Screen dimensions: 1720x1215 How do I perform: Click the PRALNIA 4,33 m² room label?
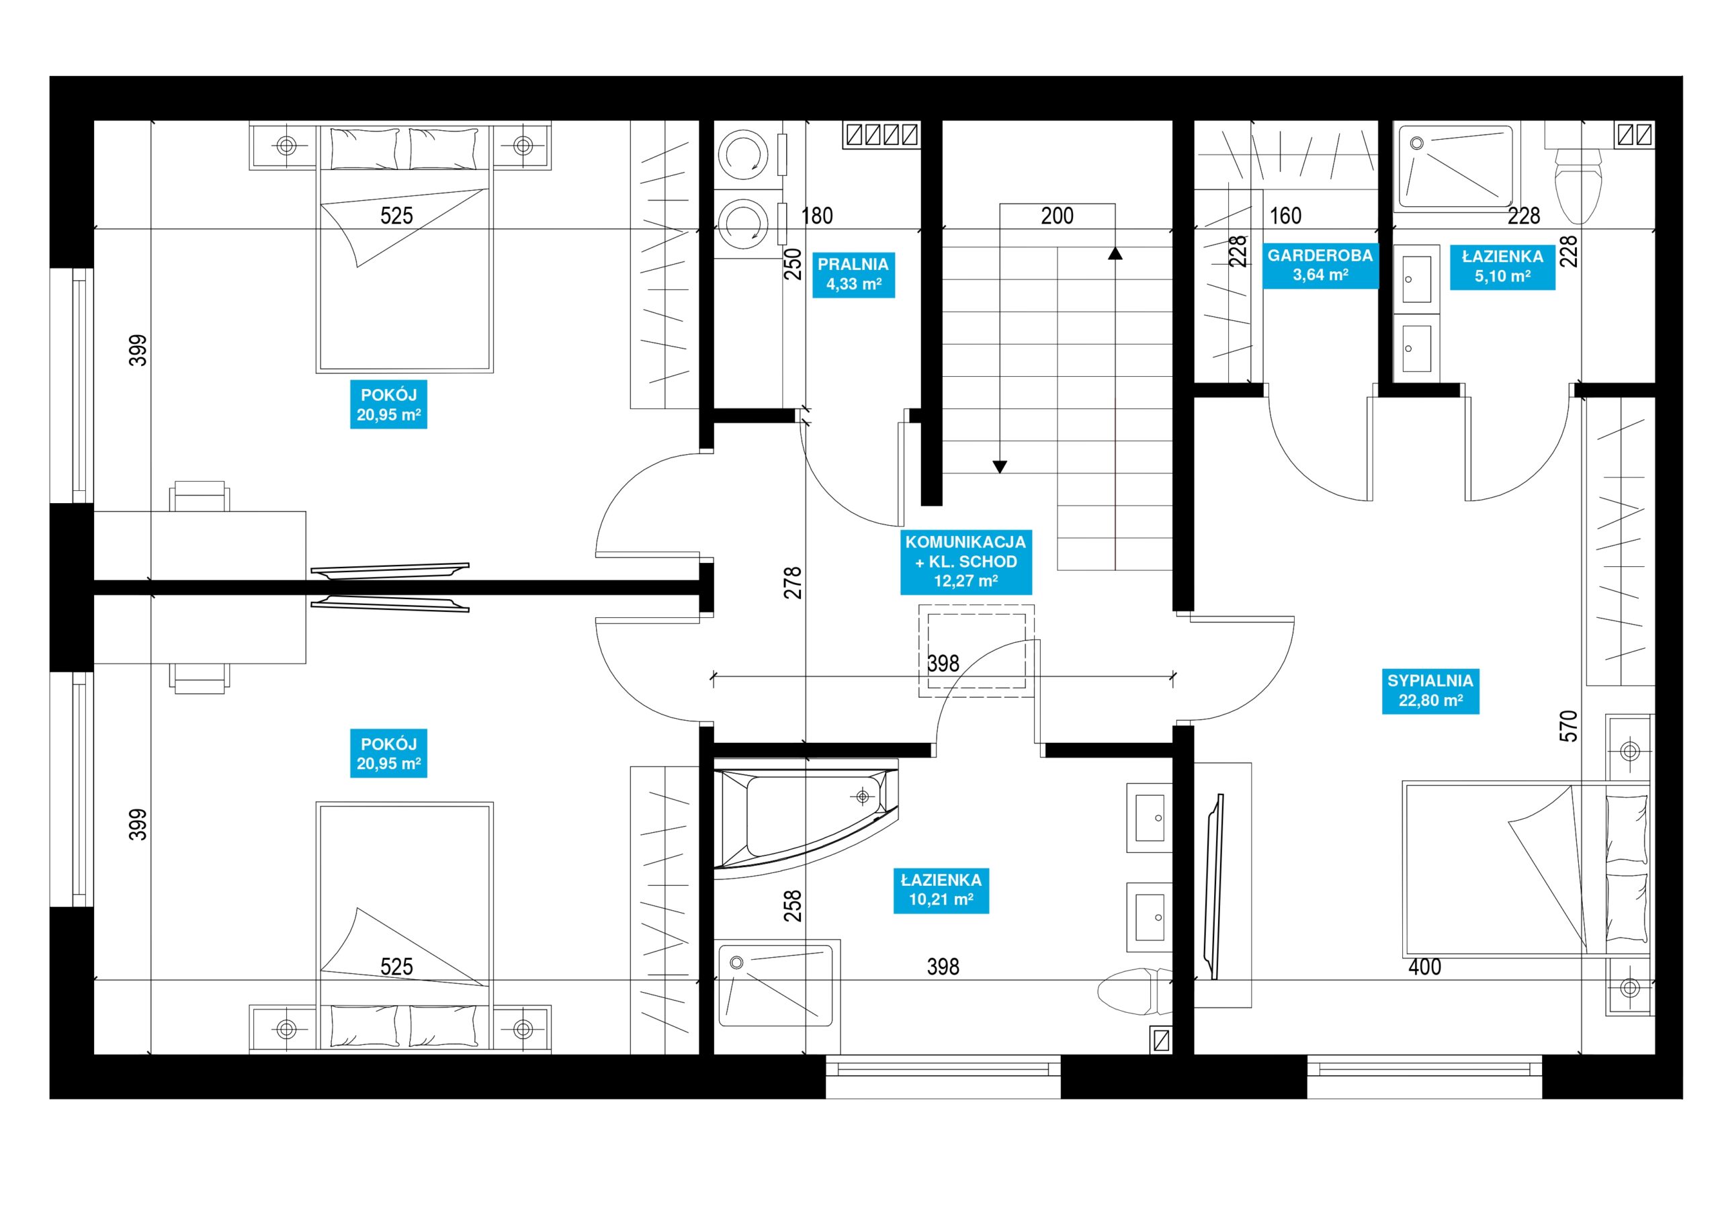click(853, 274)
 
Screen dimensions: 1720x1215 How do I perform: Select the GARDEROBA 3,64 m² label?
click(1320, 265)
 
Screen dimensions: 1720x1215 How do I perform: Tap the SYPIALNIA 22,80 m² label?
click(1430, 690)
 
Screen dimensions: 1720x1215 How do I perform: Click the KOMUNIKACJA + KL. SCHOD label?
click(965, 561)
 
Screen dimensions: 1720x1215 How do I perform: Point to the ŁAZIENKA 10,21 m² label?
click(941, 890)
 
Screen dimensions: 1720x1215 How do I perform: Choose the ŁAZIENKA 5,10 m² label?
click(1502, 267)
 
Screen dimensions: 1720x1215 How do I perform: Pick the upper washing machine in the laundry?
click(743, 154)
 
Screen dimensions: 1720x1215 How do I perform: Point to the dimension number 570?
click(1568, 726)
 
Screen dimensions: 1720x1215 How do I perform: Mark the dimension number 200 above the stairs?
click(1057, 216)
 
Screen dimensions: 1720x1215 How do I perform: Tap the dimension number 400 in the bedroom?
click(1424, 966)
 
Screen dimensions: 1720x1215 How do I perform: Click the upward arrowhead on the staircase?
click(1115, 253)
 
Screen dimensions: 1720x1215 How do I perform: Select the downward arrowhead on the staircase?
click(999, 467)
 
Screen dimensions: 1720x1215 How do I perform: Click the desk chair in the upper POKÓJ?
click(200, 496)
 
